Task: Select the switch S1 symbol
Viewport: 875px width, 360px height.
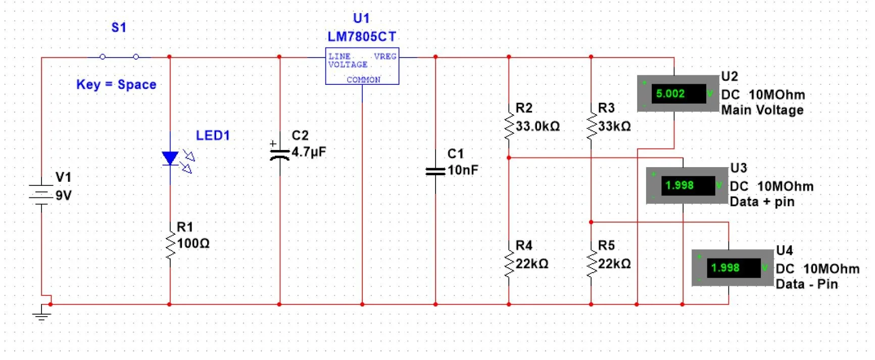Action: (x=119, y=57)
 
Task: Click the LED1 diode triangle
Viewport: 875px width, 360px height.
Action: (x=170, y=158)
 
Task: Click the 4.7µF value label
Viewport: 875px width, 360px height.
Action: (x=309, y=151)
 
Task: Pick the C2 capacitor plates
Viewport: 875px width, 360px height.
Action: (x=279, y=153)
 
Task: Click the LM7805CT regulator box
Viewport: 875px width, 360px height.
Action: (x=362, y=66)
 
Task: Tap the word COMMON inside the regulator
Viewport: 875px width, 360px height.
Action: (x=363, y=79)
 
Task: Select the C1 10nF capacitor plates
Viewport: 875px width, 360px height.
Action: (x=435, y=171)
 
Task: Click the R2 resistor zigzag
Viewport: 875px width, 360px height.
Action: (x=509, y=126)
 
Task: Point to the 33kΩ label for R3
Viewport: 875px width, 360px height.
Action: (x=614, y=126)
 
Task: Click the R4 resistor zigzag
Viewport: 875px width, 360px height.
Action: (x=509, y=264)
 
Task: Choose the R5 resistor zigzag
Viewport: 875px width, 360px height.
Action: (x=591, y=264)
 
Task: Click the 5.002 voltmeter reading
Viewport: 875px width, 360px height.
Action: (x=670, y=93)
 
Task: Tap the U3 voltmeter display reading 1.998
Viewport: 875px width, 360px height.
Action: (x=679, y=185)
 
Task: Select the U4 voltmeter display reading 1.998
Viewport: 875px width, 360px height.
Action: (x=725, y=268)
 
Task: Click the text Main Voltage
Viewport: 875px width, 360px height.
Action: (x=762, y=110)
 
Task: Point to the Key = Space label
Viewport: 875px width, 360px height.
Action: (x=116, y=84)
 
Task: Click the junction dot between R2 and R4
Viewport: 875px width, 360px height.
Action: (x=509, y=158)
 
